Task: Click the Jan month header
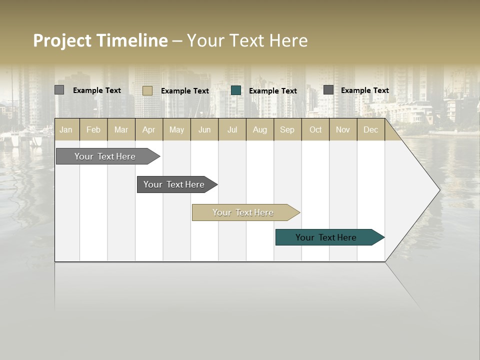[66, 129]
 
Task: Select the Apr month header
[149, 129]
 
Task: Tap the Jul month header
[232, 129]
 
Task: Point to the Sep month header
[287, 129]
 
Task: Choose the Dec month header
[370, 129]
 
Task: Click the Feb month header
[93, 129]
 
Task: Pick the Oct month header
[315, 129]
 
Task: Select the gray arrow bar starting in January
[105, 156]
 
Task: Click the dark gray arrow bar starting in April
[174, 184]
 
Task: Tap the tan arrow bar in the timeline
[243, 212]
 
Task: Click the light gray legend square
[59, 90]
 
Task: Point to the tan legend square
[147, 90]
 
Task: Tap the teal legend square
[236, 90]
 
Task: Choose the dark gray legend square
[328, 90]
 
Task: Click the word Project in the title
[62, 40]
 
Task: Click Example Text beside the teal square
[273, 91]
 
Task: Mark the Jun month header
[204, 129]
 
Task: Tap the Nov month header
[343, 129]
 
